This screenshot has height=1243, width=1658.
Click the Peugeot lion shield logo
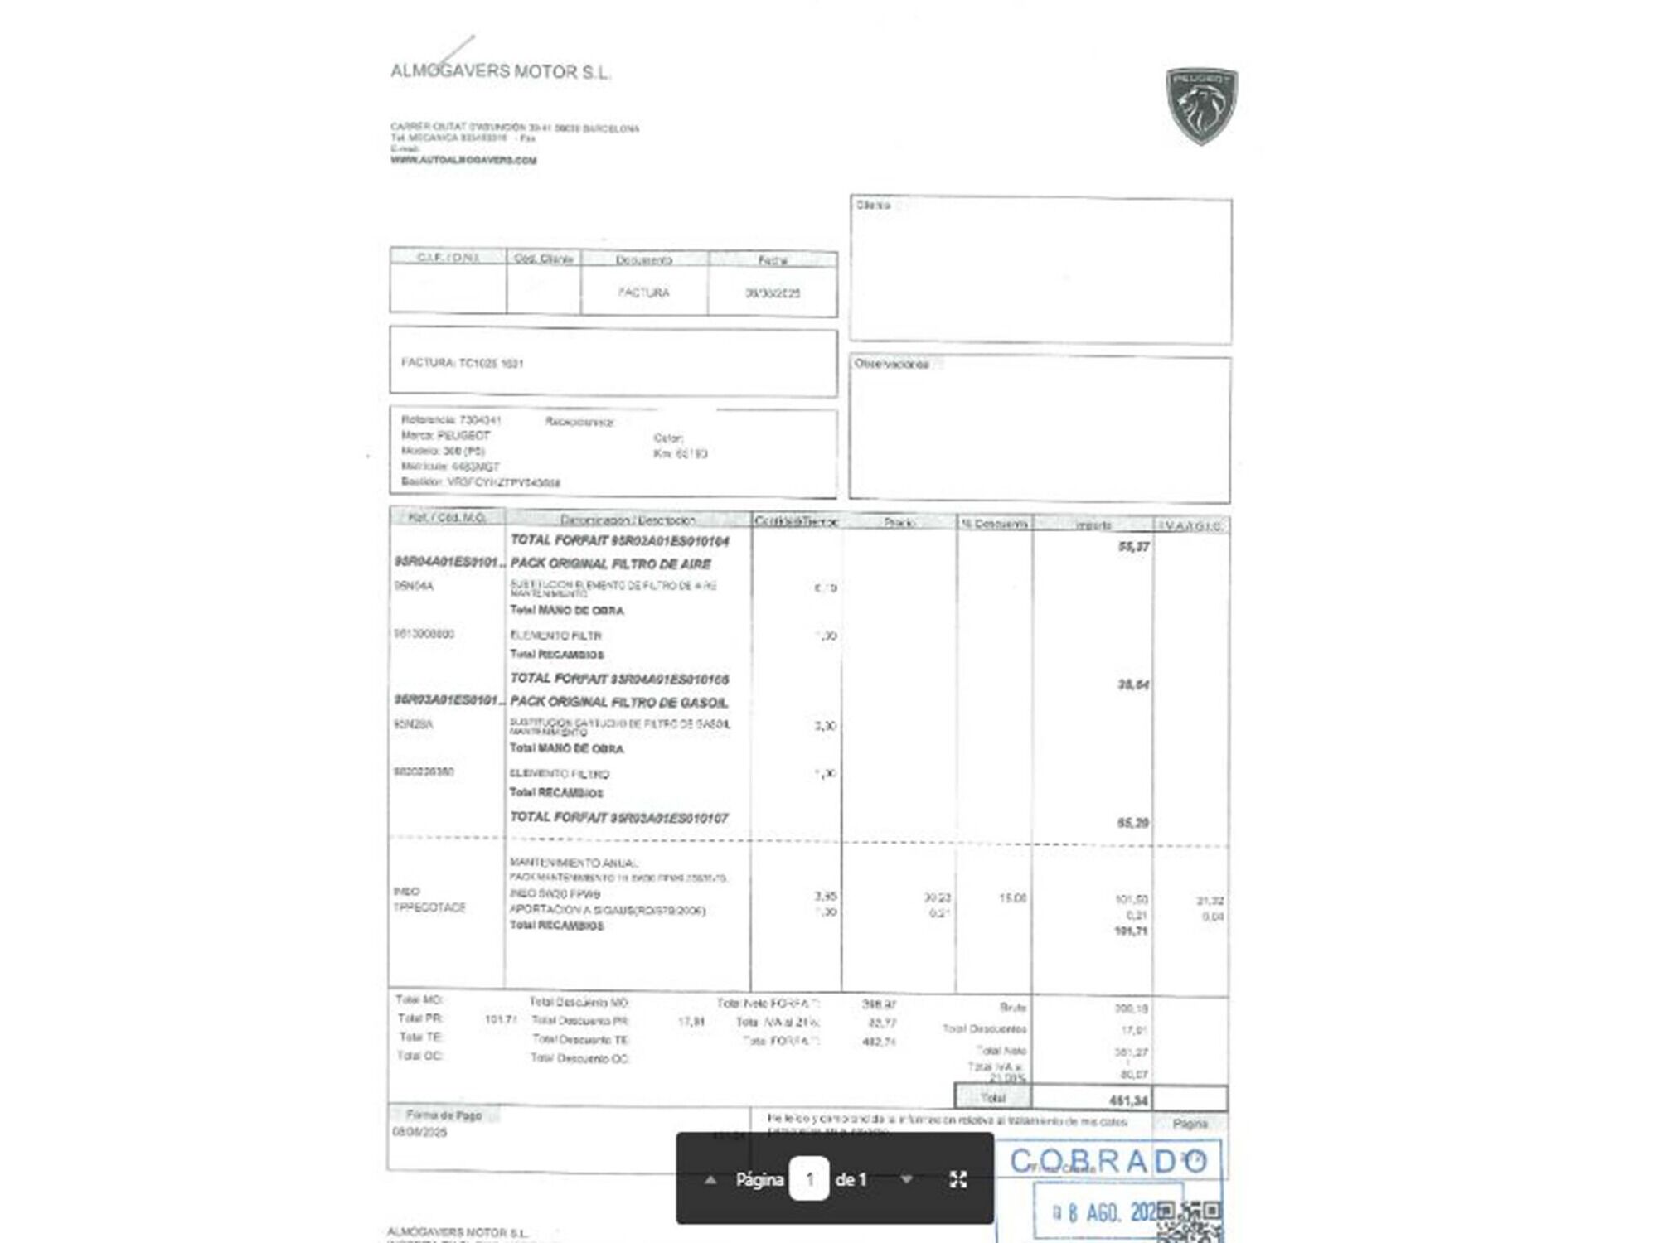click(x=1201, y=104)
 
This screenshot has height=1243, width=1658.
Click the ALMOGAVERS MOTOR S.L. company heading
click(x=500, y=72)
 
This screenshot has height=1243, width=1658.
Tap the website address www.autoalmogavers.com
click(x=463, y=160)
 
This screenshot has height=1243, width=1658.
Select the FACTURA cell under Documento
click(x=643, y=293)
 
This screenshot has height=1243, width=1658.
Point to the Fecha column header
click(x=772, y=260)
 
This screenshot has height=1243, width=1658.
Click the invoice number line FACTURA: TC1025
click(x=462, y=363)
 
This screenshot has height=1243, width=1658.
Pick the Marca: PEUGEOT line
click(x=445, y=435)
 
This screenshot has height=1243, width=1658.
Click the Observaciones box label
click(x=891, y=365)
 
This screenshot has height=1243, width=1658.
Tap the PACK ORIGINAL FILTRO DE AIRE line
click(x=610, y=563)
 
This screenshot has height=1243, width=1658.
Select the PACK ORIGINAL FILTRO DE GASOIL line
click(x=618, y=702)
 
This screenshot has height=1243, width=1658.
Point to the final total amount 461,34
click(x=1128, y=1100)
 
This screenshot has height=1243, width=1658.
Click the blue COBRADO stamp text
click(x=1108, y=1161)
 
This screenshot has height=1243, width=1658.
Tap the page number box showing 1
click(x=809, y=1178)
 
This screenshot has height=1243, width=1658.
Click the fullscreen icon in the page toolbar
click(x=958, y=1179)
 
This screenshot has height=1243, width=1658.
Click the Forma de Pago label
click(x=444, y=1115)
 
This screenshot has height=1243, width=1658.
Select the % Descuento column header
click(x=993, y=524)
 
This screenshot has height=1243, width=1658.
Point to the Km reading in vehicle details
click(x=680, y=454)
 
